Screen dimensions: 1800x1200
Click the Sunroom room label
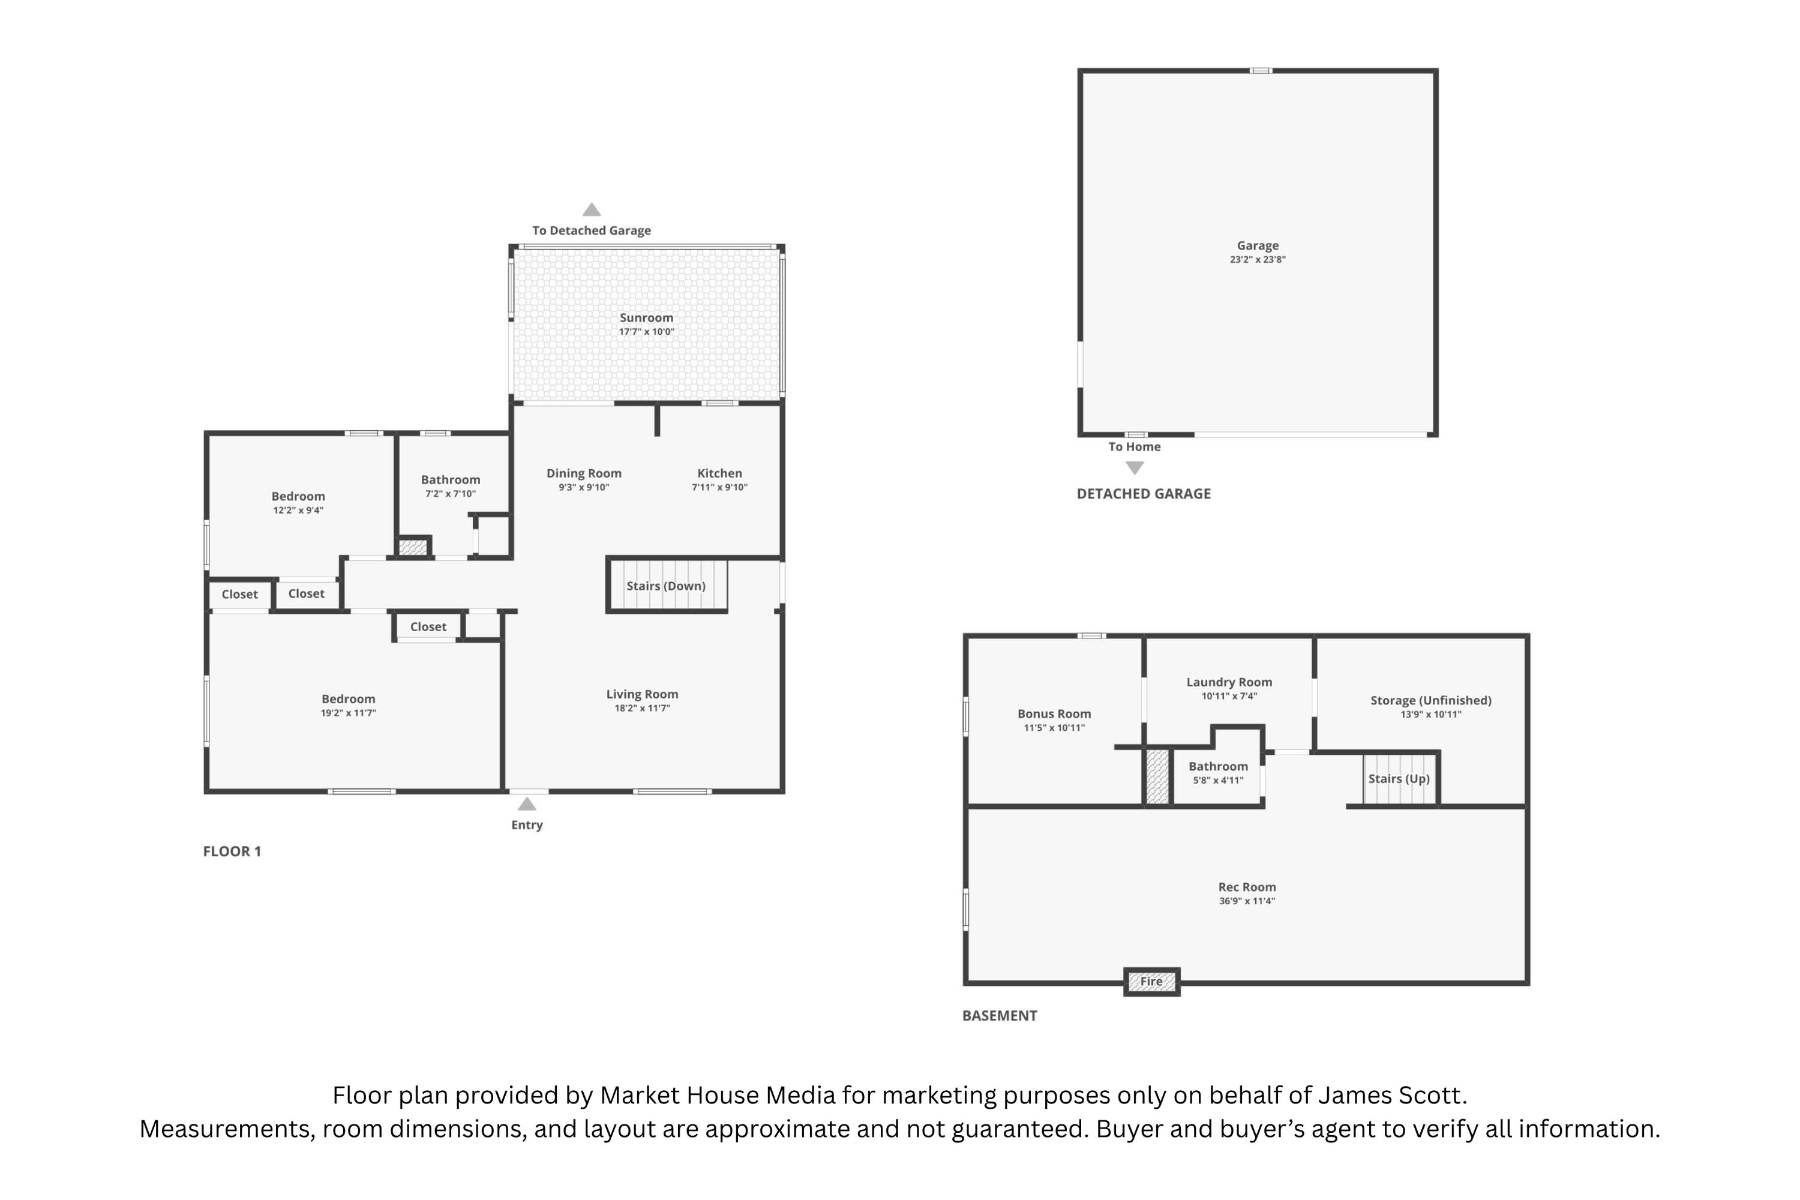(646, 317)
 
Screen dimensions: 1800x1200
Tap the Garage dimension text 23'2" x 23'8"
(1258, 259)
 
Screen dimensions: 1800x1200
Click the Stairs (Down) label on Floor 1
(666, 586)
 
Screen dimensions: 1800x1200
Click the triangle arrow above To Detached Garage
(591, 209)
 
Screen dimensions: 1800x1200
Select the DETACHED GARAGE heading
(1144, 494)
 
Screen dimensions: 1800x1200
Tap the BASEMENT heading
(1000, 1016)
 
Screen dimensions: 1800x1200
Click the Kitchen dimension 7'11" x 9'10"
(719, 487)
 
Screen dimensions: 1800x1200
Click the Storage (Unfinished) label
(1430, 701)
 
